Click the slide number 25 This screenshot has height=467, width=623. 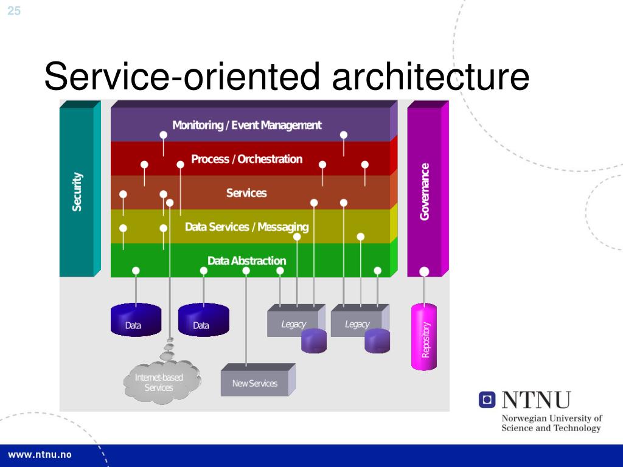pos(14,10)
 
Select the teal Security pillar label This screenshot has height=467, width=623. pos(77,192)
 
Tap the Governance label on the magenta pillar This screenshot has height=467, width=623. pos(425,192)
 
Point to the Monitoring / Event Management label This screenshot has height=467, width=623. pos(246,125)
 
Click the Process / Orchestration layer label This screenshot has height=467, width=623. pos(246,159)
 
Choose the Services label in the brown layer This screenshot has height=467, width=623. pos(246,193)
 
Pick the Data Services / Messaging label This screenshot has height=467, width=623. pos(246,227)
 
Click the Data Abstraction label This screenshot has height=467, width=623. pos(246,261)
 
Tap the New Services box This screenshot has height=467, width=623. pos(255,383)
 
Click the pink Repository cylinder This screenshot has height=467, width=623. pos(424,338)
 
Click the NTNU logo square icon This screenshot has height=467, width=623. pos(487,400)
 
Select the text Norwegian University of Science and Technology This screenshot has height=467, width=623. pos(551,423)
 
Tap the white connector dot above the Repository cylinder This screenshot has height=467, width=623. pos(424,272)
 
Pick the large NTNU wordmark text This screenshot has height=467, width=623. pos(535,400)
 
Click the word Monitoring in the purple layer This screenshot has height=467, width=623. pos(198,125)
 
